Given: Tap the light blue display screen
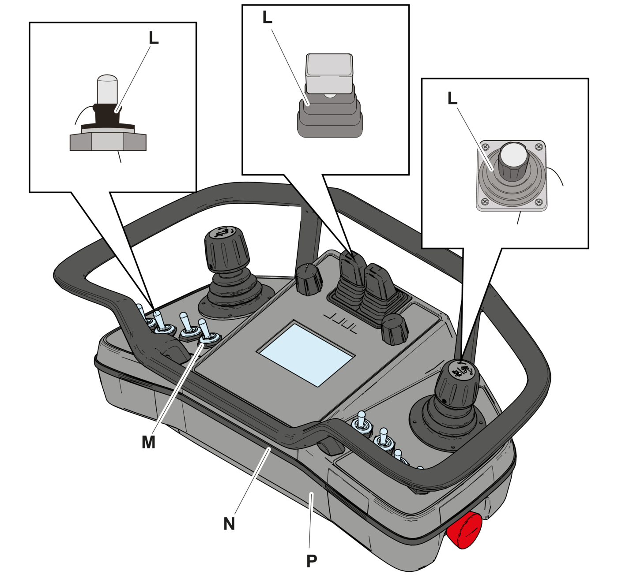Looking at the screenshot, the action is click(x=305, y=355).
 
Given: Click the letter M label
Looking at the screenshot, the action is click(x=148, y=442).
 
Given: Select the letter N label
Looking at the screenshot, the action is click(x=230, y=524).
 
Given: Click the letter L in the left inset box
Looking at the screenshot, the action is click(x=154, y=38).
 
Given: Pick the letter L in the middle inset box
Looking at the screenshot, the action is click(x=268, y=17).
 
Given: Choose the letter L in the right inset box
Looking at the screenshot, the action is click(x=452, y=98).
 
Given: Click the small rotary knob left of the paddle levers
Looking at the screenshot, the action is click(x=309, y=280).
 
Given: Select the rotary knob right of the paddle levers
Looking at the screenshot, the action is click(x=395, y=329).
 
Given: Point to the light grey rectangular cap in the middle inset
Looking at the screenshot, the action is click(x=329, y=74).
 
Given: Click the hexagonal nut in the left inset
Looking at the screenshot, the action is click(x=108, y=142).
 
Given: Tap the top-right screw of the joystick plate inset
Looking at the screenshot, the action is click(x=538, y=146).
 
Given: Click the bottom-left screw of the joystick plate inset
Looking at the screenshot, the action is click(x=485, y=202).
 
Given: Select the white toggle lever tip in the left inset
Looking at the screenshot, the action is click(x=107, y=89).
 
